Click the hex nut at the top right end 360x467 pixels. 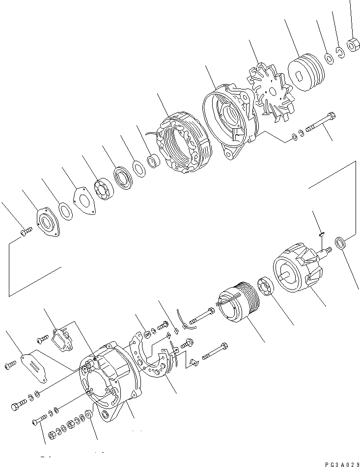pyautogui.click(x=352, y=45)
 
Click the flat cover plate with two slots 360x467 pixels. pyautogui.click(x=34, y=364)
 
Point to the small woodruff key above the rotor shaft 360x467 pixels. pyautogui.click(x=320, y=234)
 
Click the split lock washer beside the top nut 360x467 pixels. pyautogui.click(x=339, y=51)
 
